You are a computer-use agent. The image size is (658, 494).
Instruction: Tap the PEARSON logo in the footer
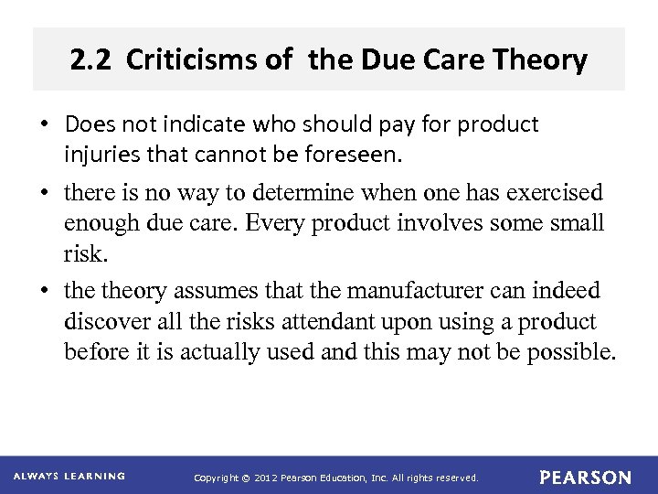pyautogui.click(x=585, y=478)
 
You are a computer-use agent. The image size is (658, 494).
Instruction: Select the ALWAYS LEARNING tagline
pyautogui.click(x=69, y=477)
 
